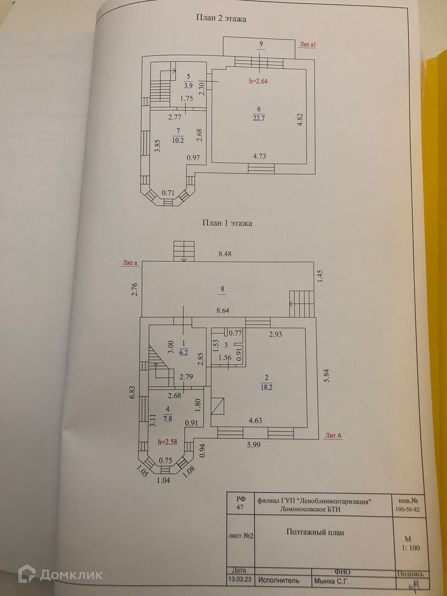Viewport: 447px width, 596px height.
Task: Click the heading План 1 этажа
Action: coord(227,223)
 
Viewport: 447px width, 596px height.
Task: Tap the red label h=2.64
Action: coord(259,81)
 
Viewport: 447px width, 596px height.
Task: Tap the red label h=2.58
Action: coord(167,442)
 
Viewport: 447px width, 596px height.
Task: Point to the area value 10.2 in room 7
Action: coord(178,140)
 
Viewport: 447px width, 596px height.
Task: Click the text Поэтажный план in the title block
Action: coord(315,532)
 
